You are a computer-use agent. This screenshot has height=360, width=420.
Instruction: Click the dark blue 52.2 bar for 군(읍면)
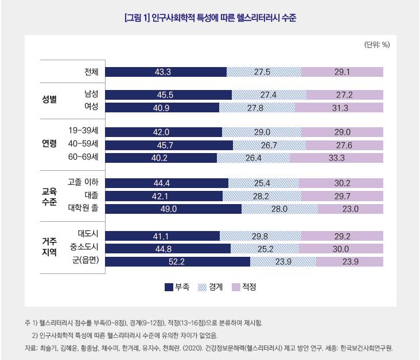178,261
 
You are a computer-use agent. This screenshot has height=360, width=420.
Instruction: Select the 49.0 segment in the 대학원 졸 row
174,209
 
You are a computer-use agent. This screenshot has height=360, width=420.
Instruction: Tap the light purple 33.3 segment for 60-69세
337,158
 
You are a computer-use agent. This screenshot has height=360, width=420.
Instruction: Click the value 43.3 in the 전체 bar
163,72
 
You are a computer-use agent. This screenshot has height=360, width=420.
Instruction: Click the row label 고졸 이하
83,183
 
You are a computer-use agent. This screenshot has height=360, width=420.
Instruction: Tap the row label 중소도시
84,248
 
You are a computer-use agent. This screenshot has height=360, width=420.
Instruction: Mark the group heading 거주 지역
49,248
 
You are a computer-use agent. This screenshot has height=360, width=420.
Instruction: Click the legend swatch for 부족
169,287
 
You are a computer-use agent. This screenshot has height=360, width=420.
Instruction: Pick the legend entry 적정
244,287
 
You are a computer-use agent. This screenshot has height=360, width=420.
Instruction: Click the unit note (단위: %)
377,45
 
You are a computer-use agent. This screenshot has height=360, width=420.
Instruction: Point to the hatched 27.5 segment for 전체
263,72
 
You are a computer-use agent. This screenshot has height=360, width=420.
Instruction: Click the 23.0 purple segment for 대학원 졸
350,209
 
